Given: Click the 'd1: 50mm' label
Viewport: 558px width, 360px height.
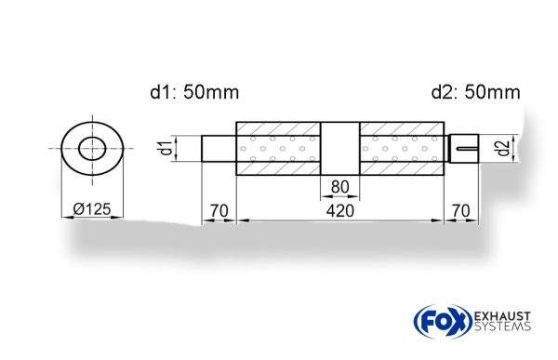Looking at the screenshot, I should point(194,92).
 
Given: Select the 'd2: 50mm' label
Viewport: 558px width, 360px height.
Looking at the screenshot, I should point(475,92).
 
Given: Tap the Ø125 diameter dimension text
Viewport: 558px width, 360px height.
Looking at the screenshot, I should point(91,209).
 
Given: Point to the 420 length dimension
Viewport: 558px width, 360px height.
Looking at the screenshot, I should point(340,211).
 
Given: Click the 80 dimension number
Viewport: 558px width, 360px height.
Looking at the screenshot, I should point(340,187).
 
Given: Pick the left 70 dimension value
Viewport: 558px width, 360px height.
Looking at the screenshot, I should point(219,211).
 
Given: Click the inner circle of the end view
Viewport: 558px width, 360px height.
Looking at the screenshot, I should point(92,147).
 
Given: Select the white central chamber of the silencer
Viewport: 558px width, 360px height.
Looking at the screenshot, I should point(340,148).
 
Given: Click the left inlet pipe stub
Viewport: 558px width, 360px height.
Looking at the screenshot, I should point(219,149).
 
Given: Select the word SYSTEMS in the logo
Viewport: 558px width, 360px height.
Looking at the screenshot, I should point(501,327).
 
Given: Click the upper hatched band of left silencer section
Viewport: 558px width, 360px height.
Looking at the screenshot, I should point(279,128).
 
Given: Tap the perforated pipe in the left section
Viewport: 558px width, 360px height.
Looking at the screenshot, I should point(279,149).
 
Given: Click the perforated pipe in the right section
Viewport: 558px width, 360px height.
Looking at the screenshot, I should point(401,149).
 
